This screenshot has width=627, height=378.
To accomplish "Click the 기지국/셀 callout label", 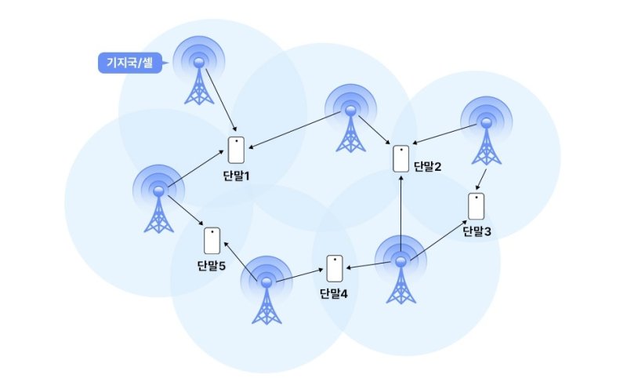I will (x=129, y=63).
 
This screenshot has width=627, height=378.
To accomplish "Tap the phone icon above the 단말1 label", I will (x=236, y=150).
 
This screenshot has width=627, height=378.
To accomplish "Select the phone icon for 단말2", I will (x=400, y=158).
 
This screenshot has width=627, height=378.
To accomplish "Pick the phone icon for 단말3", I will (x=475, y=205).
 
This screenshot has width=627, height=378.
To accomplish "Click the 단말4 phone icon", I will (x=335, y=268).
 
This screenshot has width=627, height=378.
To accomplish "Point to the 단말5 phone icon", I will (x=212, y=240).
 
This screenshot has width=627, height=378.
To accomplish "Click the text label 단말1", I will (x=236, y=175).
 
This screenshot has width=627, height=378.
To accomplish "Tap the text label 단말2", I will (x=427, y=166).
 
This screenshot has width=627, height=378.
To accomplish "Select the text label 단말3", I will (x=477, y=231).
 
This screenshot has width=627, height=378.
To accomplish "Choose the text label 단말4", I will (x=334, y=294).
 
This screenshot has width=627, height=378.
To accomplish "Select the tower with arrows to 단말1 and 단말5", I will (x=159, y=201).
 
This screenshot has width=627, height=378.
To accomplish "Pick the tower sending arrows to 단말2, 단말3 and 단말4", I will (x=401, y=271).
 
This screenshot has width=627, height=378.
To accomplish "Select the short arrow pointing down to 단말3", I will (x=484, y=178).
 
